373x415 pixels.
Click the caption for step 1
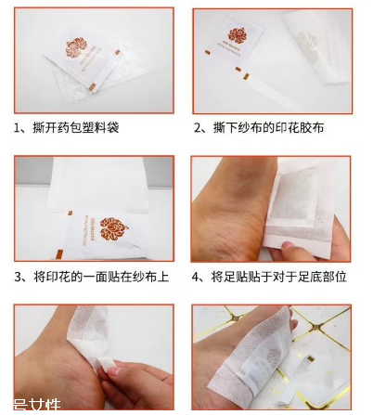pyautogui.click(x=67, y=127)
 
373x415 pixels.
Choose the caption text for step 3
pyautogui.click(x=90, y=277)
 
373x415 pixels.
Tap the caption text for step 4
pyautogui.click(x=269, y=277)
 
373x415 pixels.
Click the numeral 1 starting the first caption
pyautogui.click(x=19, y=127)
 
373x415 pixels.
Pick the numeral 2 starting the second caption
pyautogui.click(x=198, y=127)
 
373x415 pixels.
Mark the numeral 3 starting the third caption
pyautogui.click(x=19, y=277)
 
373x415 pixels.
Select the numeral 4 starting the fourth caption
pyautogui.click(x=198, y=277)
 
